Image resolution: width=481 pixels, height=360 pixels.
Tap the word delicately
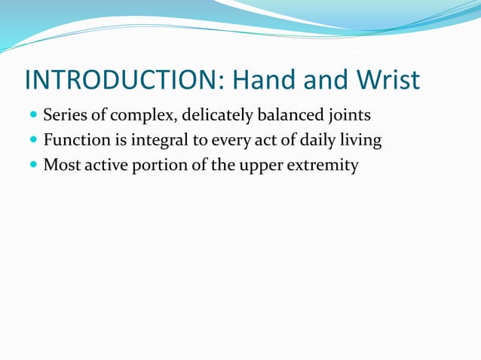pos(213,117)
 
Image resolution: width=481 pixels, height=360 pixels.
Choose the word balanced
pos(289,117)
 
